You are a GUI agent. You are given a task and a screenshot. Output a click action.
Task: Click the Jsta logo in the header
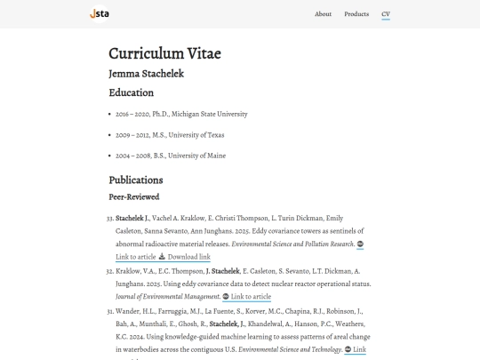[100, 13]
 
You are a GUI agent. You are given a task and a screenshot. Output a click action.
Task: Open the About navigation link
[323, 14]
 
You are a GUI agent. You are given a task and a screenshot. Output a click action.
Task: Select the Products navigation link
[356, 14]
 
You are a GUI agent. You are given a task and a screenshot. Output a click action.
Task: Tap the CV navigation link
[386, 14]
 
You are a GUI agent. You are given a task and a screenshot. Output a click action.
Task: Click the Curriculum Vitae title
[164, 53]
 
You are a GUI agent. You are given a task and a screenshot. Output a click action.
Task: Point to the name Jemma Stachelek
[146, 73]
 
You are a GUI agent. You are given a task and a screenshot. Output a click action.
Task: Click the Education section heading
[131, 92]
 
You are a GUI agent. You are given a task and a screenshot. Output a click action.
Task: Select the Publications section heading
[136, 180]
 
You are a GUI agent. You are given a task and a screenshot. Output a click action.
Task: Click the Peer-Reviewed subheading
[133, 196]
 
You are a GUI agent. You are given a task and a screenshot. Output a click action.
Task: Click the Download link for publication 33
[189, 257]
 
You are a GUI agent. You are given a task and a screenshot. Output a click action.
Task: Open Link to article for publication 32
[251, 296]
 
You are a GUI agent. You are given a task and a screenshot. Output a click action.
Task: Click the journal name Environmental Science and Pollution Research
[292, 244]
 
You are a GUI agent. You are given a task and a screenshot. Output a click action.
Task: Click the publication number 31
[110, 310]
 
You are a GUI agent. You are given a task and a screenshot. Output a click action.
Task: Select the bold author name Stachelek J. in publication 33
[132, 218]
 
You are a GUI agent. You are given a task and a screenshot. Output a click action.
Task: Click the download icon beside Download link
[163, 257]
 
